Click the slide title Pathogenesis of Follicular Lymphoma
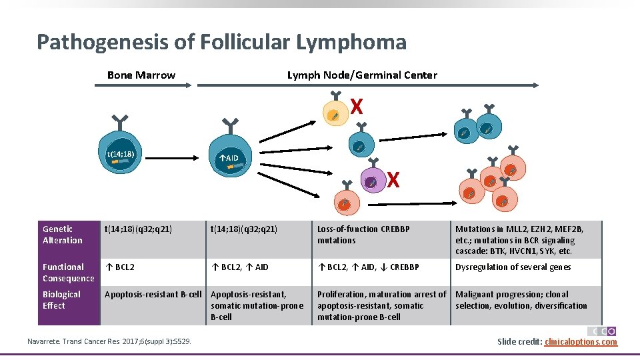[x=221, y=43]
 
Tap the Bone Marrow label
[x=141, y=75]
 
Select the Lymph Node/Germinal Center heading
[x=362, y=75]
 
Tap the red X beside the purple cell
[x=394, y=180]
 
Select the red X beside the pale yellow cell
[x=357, y=107]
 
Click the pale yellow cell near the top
[x=335, y=115]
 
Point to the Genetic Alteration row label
[x=63, y=235]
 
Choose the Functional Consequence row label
[x=69, y=273]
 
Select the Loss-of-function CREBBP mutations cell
[x=363, y=235]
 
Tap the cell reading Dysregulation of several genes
[x=513, y=267]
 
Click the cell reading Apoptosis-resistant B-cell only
[x=153, y=295]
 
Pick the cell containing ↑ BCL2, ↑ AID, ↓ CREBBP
[x=368, y=267]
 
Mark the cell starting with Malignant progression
[x=521, y=300]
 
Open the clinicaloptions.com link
[x=581, y=342]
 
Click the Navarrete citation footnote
[x=109, y=342]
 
